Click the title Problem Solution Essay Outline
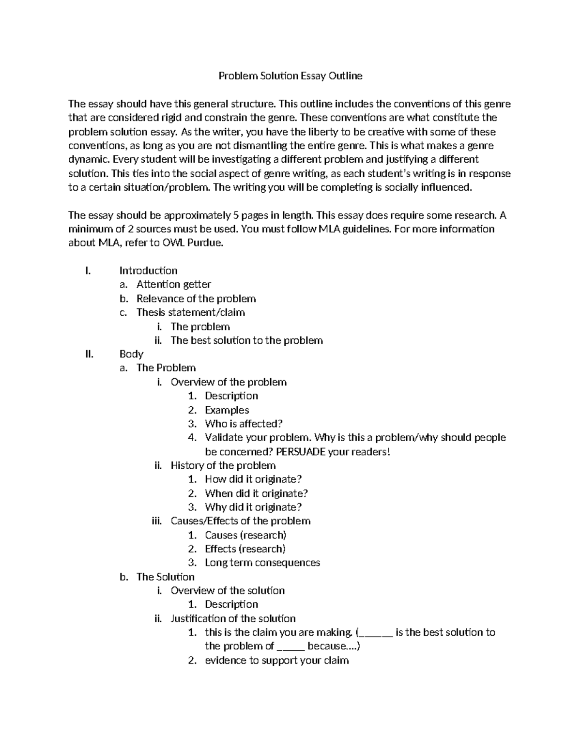pyautogui.click(x=290, y=76)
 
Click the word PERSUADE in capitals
pyautogui.click(x=301, y=452)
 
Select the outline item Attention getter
pyautogui.click(x=173, y=284)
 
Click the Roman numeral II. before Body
pyautogui.click(x=89, y=354)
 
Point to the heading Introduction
pyautogui.click(x=148, y=271)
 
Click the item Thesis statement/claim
pyautogui.click(x=190, y=312)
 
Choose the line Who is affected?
pyautogui.click(x=243, y=424)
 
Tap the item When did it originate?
pyautogui.click(x=256, y=493)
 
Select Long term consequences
pyautogui.click(x=262, y=563)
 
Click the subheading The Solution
pyautogui.click(x=165, y=577)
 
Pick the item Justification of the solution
pyautogui.click(x=233, y=618)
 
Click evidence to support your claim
pyautogui.click(x=276, y=660)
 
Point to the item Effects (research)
pyautogui.click(x=245, y=549)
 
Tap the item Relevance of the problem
pyautogui.click(x=196, y=299)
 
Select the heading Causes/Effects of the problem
pyautogui.click(x=240, y=521)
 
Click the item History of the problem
pyautogui.click(x=223, y=465)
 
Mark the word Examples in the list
pyautogui.click(x=227, y=410)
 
